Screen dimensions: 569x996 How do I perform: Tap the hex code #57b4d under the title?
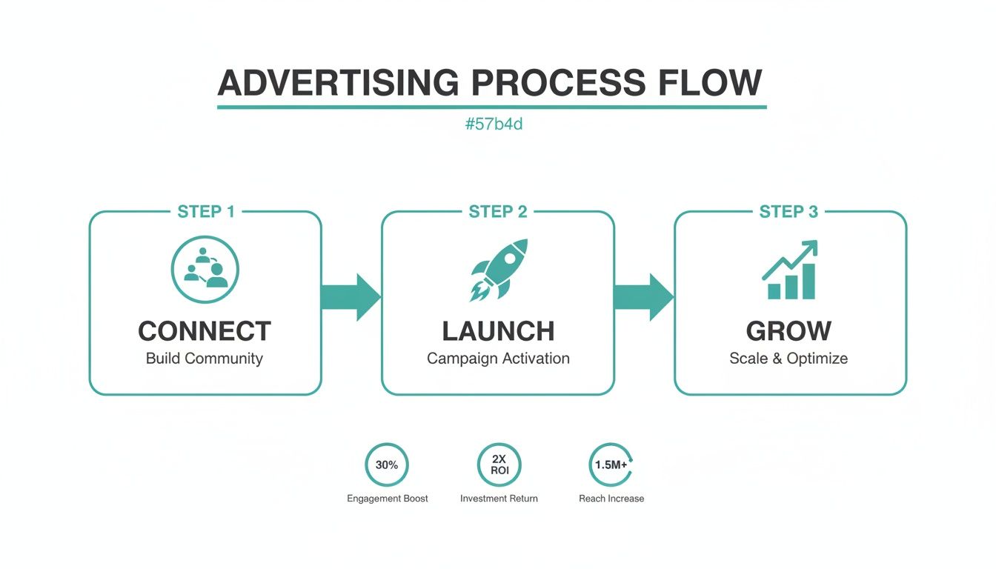494,124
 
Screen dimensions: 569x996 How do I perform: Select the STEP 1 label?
206,212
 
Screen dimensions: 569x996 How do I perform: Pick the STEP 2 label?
498,212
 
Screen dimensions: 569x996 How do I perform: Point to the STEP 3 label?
788,212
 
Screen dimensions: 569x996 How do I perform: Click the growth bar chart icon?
789,270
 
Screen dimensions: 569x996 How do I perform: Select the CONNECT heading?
205,330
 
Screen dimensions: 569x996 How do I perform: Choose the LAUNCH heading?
498,330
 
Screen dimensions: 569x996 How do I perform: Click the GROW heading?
788,330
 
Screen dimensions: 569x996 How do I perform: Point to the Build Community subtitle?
205,359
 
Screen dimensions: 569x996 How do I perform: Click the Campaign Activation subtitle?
498,359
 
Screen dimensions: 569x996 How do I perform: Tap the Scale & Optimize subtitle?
788,359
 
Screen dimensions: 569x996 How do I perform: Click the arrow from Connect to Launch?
351,297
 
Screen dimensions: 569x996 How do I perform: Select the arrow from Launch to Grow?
644,297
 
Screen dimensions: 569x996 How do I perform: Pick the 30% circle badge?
387,465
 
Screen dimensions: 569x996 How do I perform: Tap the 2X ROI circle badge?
499,465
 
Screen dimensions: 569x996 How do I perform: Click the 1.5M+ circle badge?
611,465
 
